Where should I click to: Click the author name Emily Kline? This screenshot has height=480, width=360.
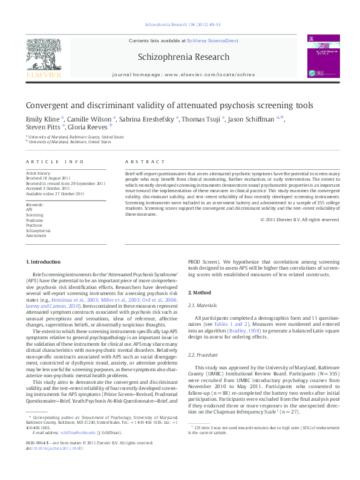(x=42, y=118)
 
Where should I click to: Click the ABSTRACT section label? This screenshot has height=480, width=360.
(x=145, y=162)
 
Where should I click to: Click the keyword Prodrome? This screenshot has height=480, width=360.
(x=35, y=220)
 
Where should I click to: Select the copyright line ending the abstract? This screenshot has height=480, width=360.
(x=300, y=219)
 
